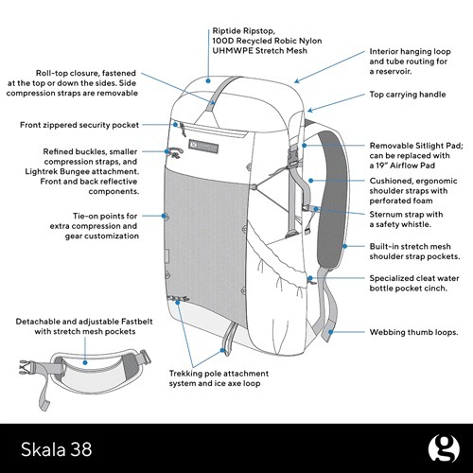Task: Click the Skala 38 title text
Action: tap(53, 442)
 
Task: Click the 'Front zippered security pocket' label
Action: tap(79, 125)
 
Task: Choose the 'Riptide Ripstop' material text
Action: tap(260, 45)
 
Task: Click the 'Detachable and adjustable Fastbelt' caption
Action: tap(78, 327)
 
